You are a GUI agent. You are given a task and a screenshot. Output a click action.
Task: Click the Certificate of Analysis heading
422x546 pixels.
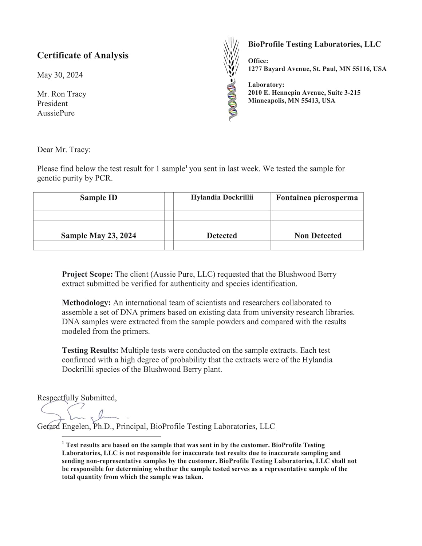pos(83,55)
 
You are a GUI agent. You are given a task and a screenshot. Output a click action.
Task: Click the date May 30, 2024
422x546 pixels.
pos(60,75)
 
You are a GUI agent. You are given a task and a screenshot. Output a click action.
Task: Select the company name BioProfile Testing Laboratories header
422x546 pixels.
pos(314,44)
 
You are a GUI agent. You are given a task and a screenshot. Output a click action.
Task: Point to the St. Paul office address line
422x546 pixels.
pos(317,69)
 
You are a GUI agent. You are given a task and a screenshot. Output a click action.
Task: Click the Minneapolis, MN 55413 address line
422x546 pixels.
pos(291,101)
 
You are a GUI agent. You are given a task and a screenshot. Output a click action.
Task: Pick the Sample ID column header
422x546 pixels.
pos(99,198)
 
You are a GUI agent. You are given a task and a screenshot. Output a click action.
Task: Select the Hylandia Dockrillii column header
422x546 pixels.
pos(222,197)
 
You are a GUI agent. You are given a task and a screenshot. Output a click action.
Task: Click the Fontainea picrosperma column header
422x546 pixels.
pos(317,198)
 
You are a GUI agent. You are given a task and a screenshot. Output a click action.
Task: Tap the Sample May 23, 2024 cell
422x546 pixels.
pos(99,236)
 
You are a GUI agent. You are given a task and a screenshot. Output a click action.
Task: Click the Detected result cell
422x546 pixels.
pos(222,236)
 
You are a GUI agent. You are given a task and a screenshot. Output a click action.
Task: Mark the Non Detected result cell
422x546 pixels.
pos(318,236)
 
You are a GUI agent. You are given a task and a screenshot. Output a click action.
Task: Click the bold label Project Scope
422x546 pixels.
pos(87,274)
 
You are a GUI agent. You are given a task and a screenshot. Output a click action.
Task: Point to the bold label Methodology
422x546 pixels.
pos(86,303)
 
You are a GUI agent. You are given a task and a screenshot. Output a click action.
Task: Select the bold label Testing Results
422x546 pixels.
pos(90,351)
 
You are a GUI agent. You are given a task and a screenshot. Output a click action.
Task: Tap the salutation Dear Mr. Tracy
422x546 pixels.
pos(64,150)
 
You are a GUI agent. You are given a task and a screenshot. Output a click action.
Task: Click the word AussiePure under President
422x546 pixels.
pos(56,113)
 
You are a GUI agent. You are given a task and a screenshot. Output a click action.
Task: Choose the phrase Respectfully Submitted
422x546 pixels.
pos(77,398)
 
